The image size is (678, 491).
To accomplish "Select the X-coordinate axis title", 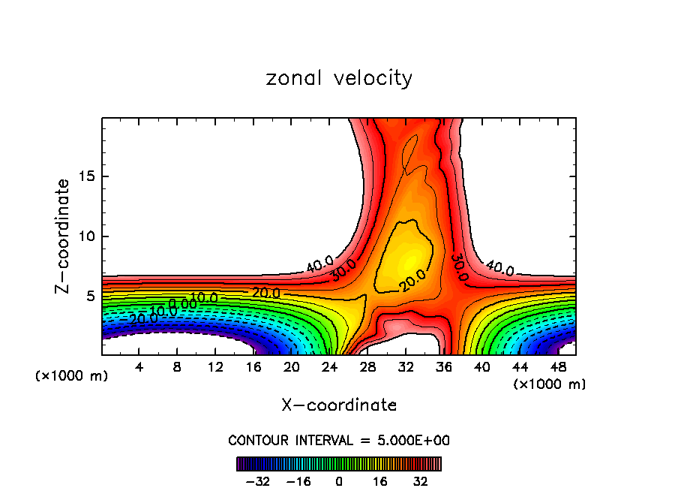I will pos(339,405).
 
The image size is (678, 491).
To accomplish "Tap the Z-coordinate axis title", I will pos(64,236).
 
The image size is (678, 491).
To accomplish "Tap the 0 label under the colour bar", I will pos(339,480).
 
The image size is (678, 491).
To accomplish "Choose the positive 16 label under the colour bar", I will pos(379,480).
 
